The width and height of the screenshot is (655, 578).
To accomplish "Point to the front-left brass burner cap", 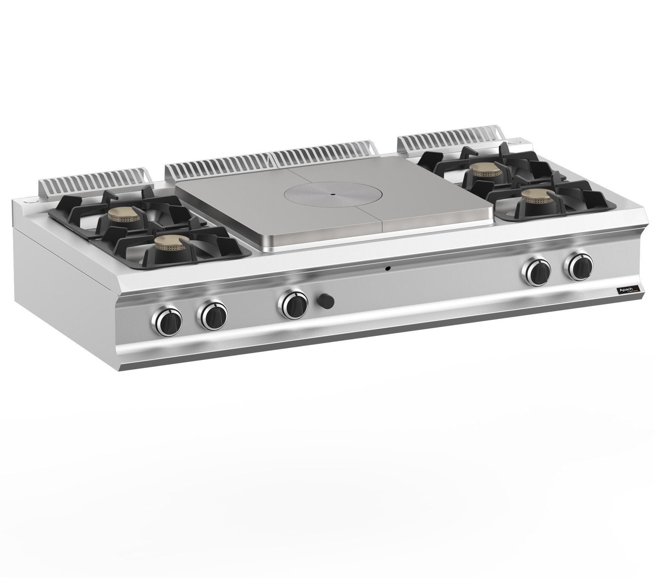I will (170, 244).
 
